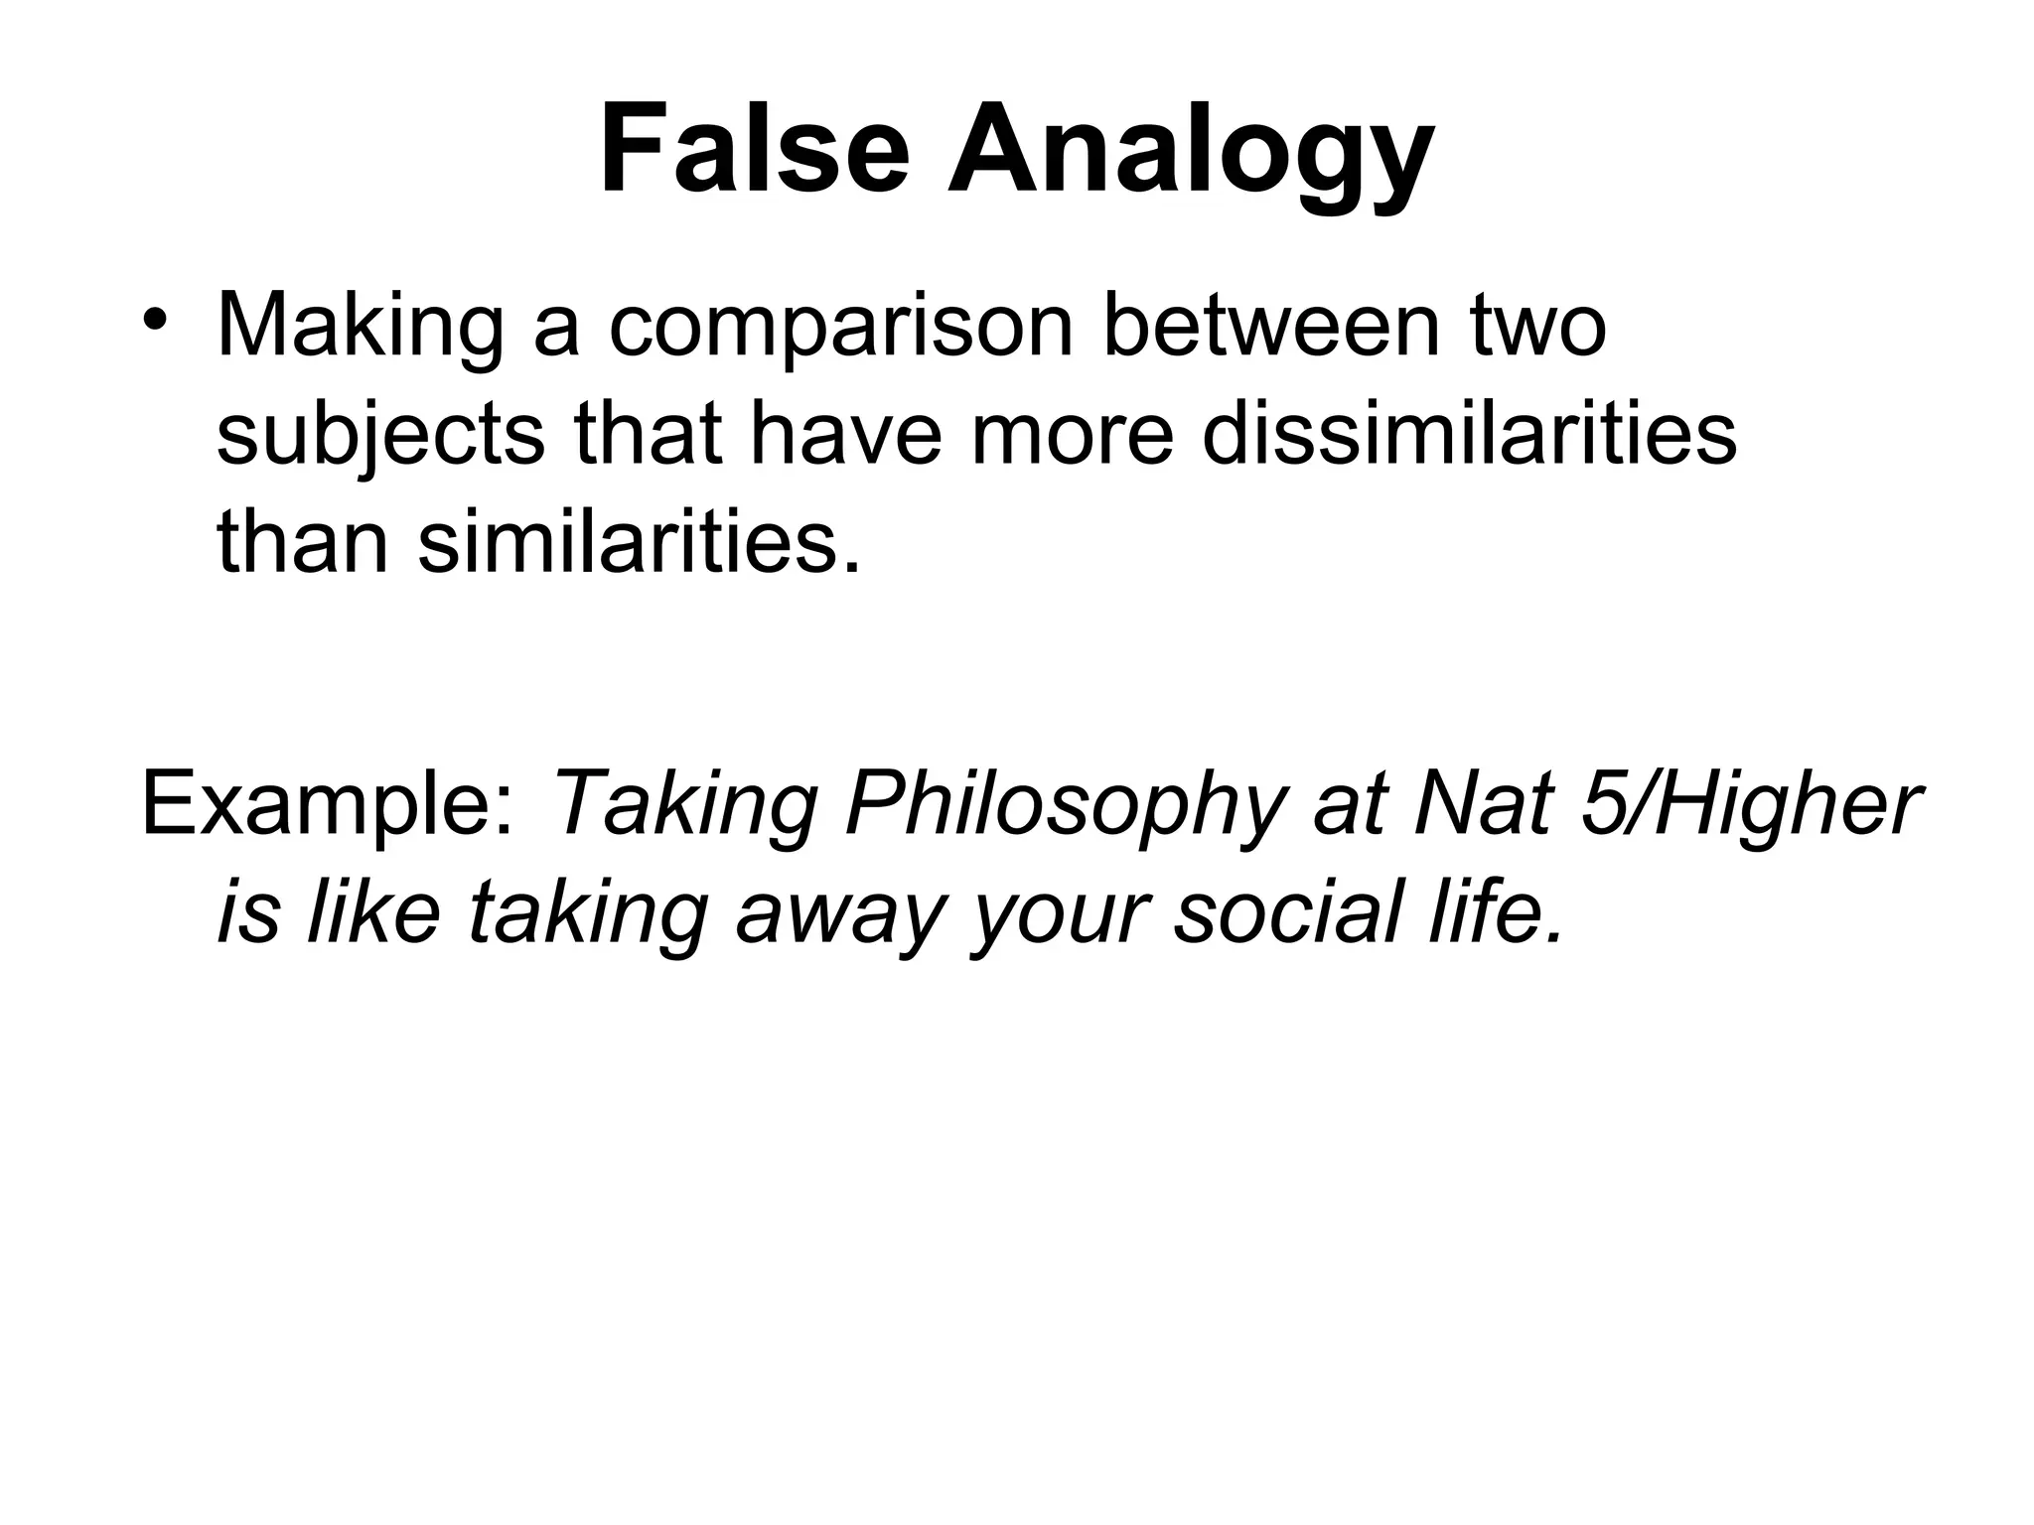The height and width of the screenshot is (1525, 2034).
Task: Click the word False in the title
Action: (x=755, y=151)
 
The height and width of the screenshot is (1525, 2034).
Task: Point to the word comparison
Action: (x=841, y=328)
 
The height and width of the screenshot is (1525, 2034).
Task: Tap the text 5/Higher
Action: (x=1748, y=805)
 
